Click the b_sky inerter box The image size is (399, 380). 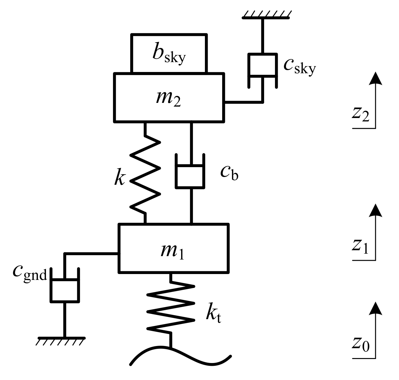(168, 53)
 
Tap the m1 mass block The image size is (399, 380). (174, 249)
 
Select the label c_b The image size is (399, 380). (229, 173)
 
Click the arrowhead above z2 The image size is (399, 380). (375, 78)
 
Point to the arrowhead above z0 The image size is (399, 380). (375, 309)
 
